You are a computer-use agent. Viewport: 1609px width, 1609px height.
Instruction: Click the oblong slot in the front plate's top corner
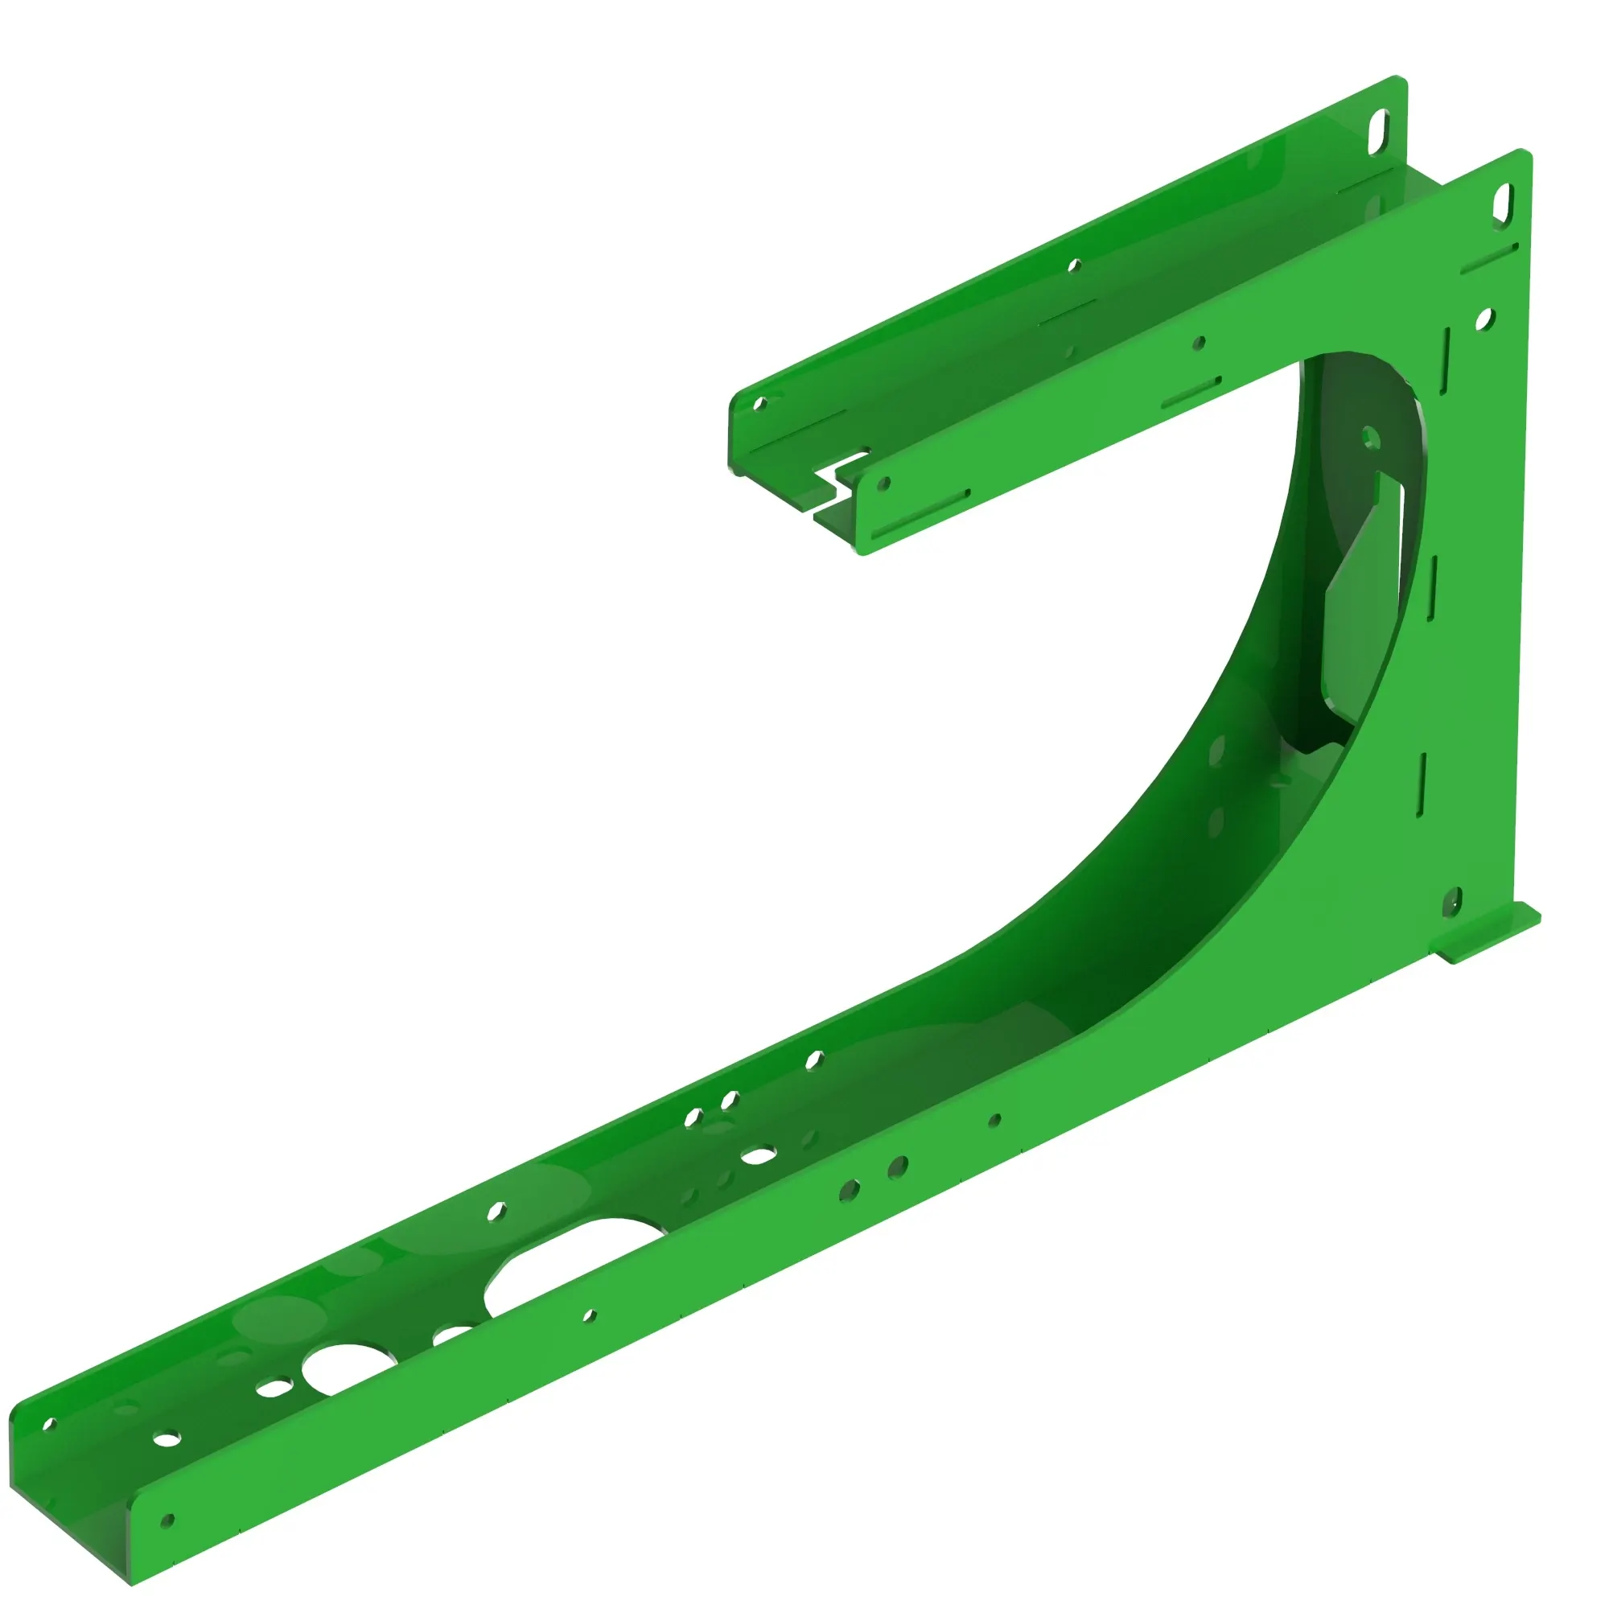point(1504,203)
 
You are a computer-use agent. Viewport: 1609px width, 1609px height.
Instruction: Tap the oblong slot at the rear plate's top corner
point(1379,132)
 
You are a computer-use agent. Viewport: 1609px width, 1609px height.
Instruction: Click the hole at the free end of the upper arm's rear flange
point(759,405)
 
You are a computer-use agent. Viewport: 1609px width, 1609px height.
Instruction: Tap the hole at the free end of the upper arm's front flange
point(883,483)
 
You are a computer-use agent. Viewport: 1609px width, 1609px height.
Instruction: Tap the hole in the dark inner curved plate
point(1370,437)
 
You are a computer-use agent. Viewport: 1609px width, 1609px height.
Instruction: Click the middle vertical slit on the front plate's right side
point(1433,588)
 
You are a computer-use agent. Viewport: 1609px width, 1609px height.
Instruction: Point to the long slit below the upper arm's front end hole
point(920,515)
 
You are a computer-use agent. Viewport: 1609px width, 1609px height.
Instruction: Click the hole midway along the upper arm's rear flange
point(1074,266)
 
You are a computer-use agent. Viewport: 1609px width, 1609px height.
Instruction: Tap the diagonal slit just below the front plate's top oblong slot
point(1489,259)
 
